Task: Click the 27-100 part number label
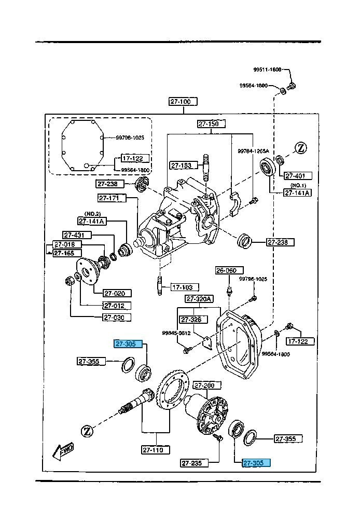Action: pyautogui.click(x=181, y=102)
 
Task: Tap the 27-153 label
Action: pyautogui.click(x=181, y=166)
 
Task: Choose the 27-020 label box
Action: pyautogui.click(x=117, y=293)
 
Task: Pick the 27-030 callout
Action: pyautogui.click(x=116, y=318)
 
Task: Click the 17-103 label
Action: pyautogui.click(x=182, y=286)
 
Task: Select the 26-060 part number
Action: pyautogui.click(x=226, y=270)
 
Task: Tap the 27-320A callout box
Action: pyautogui.click(x=199, y=299)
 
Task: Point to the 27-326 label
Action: pyautogui.click(x=190, y=320)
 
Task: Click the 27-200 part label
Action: pyautogui.click(x=203, y=386)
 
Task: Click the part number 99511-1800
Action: pyautogui.click(x=267, y=70)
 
